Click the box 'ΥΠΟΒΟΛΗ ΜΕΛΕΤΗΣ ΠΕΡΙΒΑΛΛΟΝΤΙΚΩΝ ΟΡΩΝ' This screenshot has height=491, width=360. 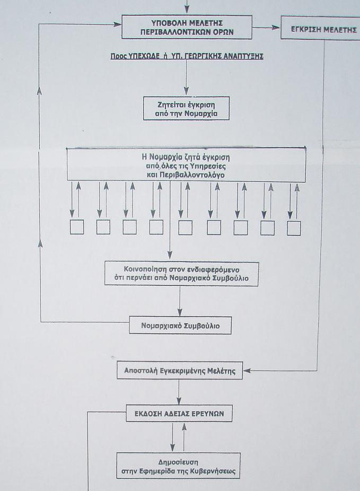pos(187,28)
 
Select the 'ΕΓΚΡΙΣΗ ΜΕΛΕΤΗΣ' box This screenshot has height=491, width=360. pos(321,28)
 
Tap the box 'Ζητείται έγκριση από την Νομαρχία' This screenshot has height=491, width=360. pos(187,109)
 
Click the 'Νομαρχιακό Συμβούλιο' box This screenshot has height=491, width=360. pos(180,325)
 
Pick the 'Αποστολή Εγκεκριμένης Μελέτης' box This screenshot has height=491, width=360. pos(180,370)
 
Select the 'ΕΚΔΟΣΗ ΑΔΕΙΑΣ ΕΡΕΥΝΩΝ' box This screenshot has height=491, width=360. pos(179,413)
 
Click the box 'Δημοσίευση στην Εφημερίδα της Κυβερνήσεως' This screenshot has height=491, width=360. pos(178,466)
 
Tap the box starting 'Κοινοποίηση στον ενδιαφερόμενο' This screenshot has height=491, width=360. pos(181,274)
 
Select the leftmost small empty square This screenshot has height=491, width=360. pos(77,227)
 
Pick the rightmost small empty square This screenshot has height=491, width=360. pos(294,228)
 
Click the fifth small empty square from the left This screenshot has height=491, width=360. pos(185,228)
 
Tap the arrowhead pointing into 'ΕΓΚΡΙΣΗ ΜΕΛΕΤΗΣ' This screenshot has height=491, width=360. pos(276,28)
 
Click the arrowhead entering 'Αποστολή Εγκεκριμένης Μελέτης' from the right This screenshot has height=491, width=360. pos(247,371)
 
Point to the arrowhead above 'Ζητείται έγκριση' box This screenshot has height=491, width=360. pos(187,91)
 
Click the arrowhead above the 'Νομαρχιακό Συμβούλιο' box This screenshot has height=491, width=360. pos(180,312)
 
